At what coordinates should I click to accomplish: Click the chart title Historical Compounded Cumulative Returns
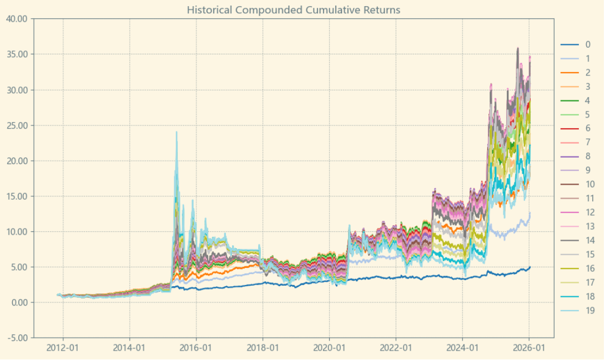tap(293, 10)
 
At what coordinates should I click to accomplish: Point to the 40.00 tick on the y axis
tap(16, 19)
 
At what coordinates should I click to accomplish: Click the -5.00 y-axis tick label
tap(16, 338)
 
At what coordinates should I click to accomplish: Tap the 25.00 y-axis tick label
tap(16, 125)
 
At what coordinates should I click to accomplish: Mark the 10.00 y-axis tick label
tap(16, 231)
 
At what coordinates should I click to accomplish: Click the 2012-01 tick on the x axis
tap(63, 348)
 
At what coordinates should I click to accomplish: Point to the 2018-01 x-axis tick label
tap(263, 348)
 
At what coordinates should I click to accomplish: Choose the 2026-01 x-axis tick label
tap(529, 348)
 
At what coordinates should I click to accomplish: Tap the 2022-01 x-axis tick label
tap(396, 348)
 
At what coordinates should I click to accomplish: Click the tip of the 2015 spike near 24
tap(177, 132)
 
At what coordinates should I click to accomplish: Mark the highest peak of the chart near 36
tap(518, 48)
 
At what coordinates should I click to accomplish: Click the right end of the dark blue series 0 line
tap(530, 267)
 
